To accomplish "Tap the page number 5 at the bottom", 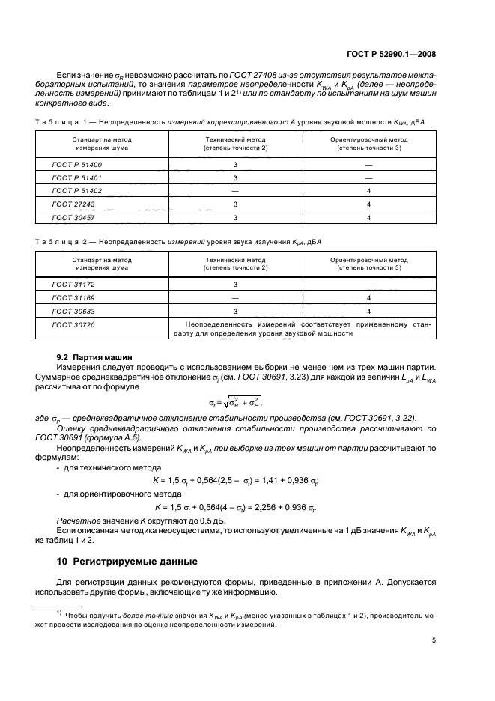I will (435, 640).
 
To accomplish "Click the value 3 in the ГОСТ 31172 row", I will (235, 285).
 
